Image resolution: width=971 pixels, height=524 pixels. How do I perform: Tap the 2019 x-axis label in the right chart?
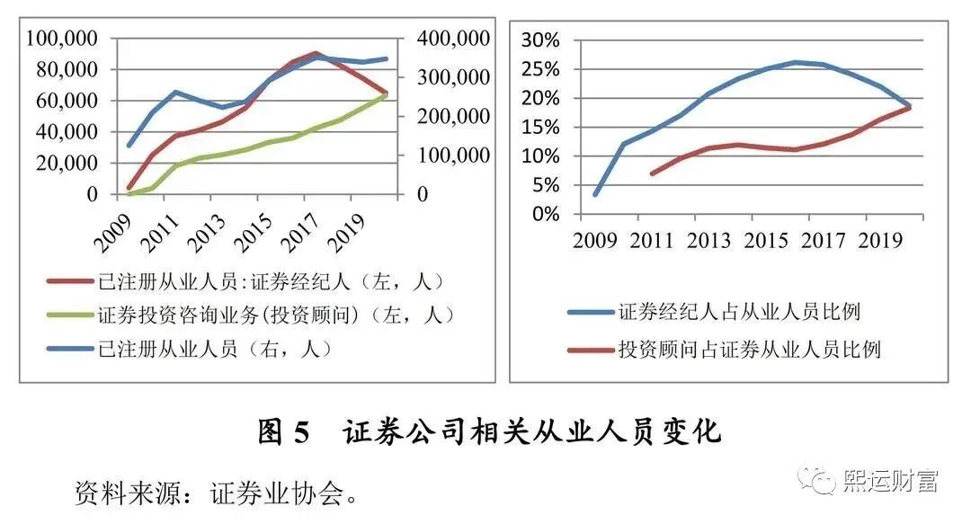[881, 241]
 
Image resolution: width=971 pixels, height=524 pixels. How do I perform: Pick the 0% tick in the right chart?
[548, 214]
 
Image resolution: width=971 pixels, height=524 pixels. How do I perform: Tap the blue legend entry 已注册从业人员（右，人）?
[216, 349]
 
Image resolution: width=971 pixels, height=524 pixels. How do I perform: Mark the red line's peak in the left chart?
[316, 53]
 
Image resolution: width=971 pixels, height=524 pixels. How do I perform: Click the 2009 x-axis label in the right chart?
[594, 241]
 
